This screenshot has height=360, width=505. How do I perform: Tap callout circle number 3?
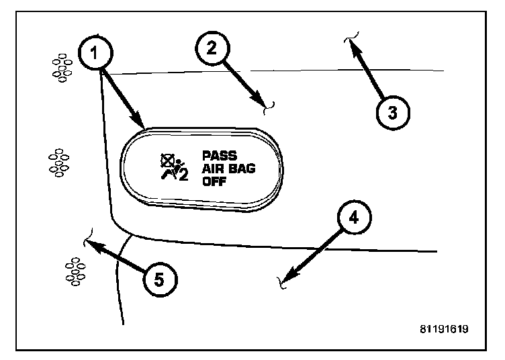(x=392, y=111)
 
